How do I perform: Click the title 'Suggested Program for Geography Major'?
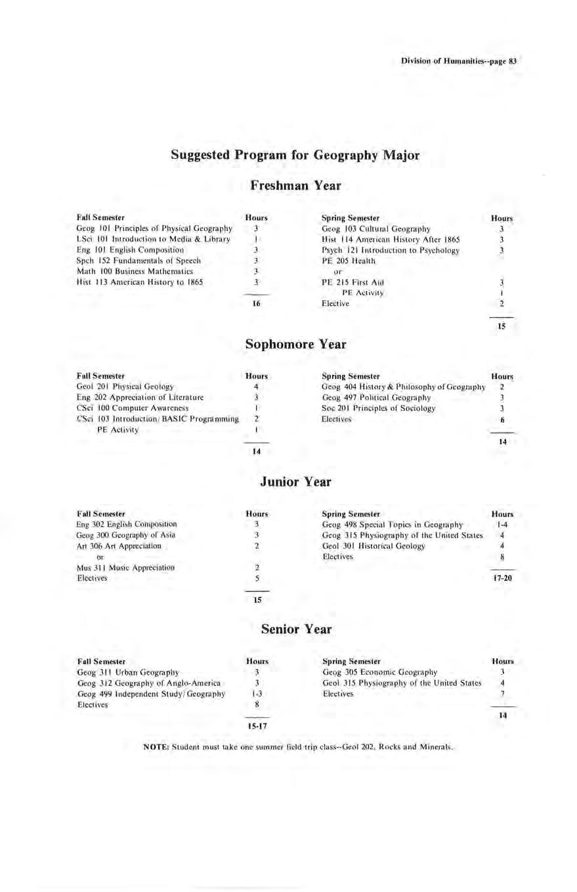click(295, 156)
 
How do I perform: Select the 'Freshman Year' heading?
click(295, 186)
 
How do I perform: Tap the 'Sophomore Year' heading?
click(295, 344)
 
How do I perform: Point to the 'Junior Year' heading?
click(295, 482)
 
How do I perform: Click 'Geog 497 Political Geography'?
click(376, 397)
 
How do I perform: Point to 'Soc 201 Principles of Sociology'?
click(379, 408)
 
